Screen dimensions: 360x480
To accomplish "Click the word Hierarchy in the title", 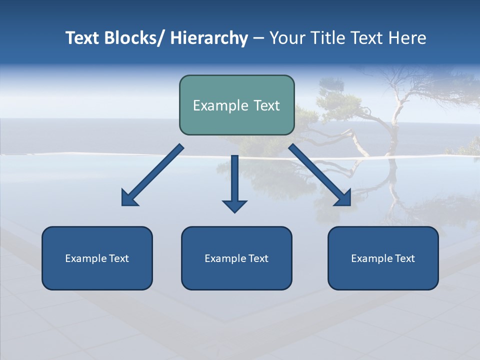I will pos(209,38).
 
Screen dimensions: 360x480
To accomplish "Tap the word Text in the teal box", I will pos(266,105).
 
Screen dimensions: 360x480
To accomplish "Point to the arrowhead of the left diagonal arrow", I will pos(129,198).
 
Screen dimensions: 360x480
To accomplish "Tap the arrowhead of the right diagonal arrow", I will pos(343,198).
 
